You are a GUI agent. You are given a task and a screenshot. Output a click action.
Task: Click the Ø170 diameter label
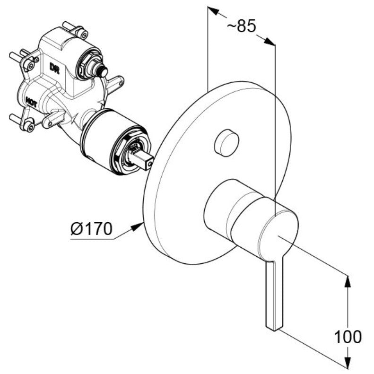pos(91,228)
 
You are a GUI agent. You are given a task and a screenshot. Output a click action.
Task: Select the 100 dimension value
pos(348,337)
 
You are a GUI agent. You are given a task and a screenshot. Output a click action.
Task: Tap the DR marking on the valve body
pos(54,68)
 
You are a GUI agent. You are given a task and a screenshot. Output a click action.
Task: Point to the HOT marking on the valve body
pos(31,102)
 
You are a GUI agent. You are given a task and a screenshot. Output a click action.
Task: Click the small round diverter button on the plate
pos(226,143)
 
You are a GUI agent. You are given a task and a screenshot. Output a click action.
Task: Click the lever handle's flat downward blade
pos(274,296)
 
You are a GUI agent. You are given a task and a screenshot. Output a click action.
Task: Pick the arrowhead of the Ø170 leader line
pos(137,226)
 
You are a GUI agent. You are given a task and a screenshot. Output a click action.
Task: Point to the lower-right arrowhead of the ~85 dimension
pos(270,41)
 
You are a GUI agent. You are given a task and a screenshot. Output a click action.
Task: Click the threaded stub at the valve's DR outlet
pos(101,70)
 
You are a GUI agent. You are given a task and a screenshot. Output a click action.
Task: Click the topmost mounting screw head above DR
pos(84,35)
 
